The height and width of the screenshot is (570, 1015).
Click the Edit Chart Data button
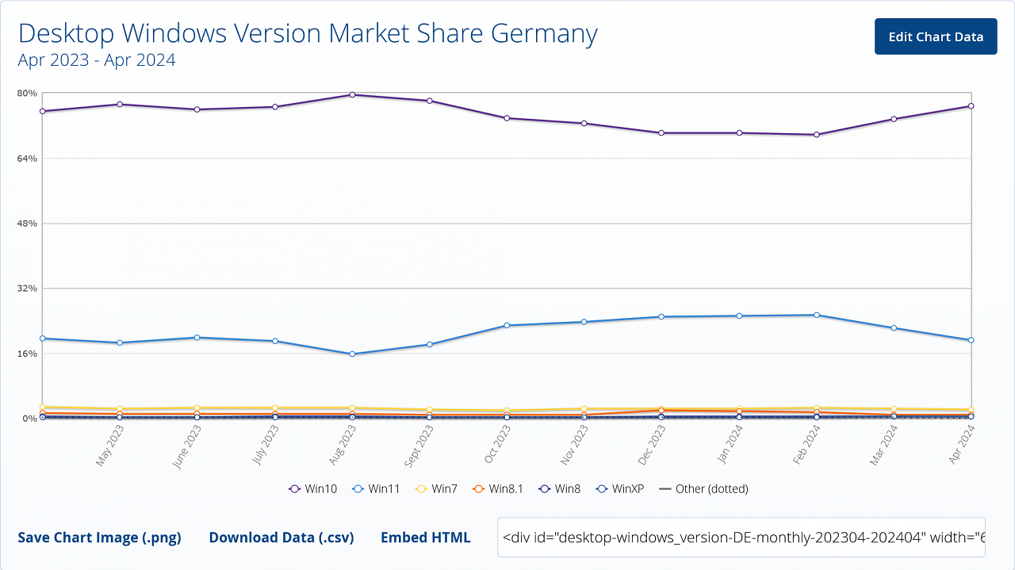[936, 36]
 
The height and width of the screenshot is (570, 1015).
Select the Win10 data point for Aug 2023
[353, 94]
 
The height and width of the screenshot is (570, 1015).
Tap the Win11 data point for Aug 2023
[353, 354]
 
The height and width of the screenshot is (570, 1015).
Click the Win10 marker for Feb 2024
[817, 135]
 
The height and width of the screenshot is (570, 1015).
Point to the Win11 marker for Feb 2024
[817, 315]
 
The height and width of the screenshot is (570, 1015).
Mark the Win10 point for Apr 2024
[971, 106]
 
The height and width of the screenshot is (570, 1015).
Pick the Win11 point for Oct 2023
[507, 325]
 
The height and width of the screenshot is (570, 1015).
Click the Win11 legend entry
[376, 489]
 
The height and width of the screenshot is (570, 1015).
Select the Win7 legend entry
[436, 489]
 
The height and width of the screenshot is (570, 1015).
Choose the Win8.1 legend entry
[497, 489]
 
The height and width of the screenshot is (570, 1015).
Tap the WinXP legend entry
[620, 489]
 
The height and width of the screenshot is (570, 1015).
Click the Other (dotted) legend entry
[703, 489]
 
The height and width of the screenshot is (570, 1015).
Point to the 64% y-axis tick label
[27, 158]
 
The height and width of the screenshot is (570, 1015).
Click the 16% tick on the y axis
[27, 354]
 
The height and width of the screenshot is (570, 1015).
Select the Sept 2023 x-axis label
[419, 446]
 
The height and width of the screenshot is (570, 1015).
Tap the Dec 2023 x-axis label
[652, 446]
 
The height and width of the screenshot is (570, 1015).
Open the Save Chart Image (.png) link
[99, 537]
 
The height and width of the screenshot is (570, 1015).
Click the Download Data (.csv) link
[282, 537]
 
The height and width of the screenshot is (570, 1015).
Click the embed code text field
[741, 537]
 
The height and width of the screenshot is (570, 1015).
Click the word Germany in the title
[544, 33]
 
